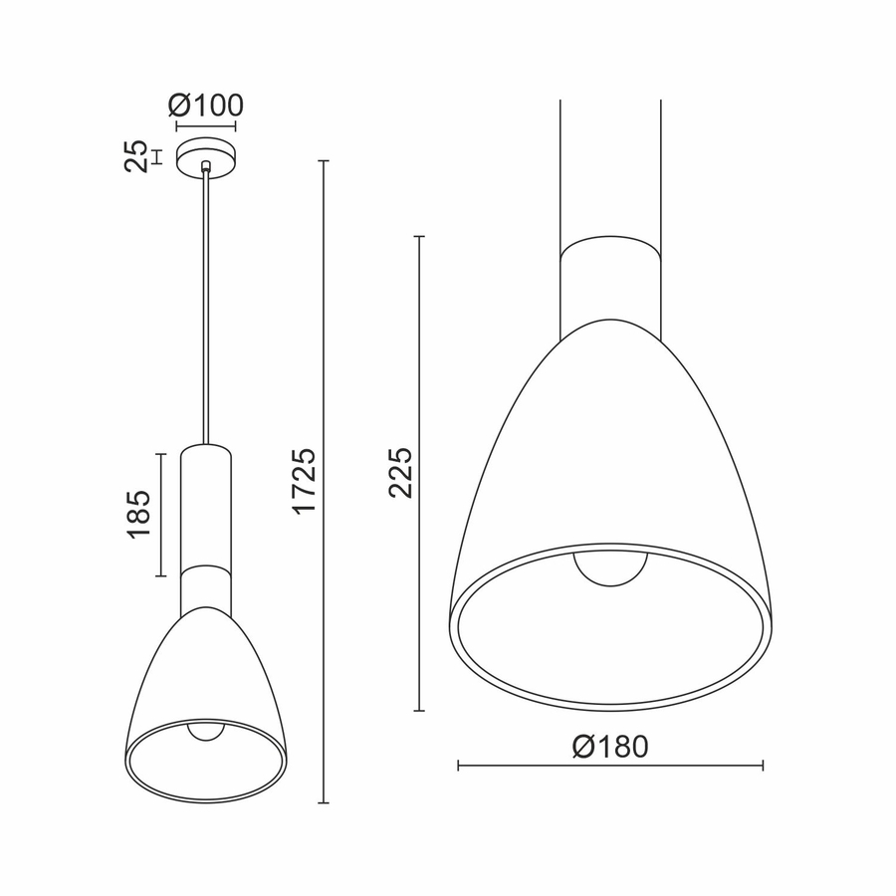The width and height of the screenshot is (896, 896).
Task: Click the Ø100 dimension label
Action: coord(206,105)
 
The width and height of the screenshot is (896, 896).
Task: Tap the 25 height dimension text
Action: coord(136,156)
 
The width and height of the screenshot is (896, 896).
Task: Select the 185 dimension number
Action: coord(138,515)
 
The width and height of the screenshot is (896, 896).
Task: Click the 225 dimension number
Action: coord(399,474)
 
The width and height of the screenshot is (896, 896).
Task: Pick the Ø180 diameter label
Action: coord(610,746)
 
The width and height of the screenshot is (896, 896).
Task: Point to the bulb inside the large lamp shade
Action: coord(610,567)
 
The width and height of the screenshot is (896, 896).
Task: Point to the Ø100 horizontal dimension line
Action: coord(206,126)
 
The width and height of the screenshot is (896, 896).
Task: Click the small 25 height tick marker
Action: coord(156,156)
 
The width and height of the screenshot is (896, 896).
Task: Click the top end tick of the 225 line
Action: coord(419,237)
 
